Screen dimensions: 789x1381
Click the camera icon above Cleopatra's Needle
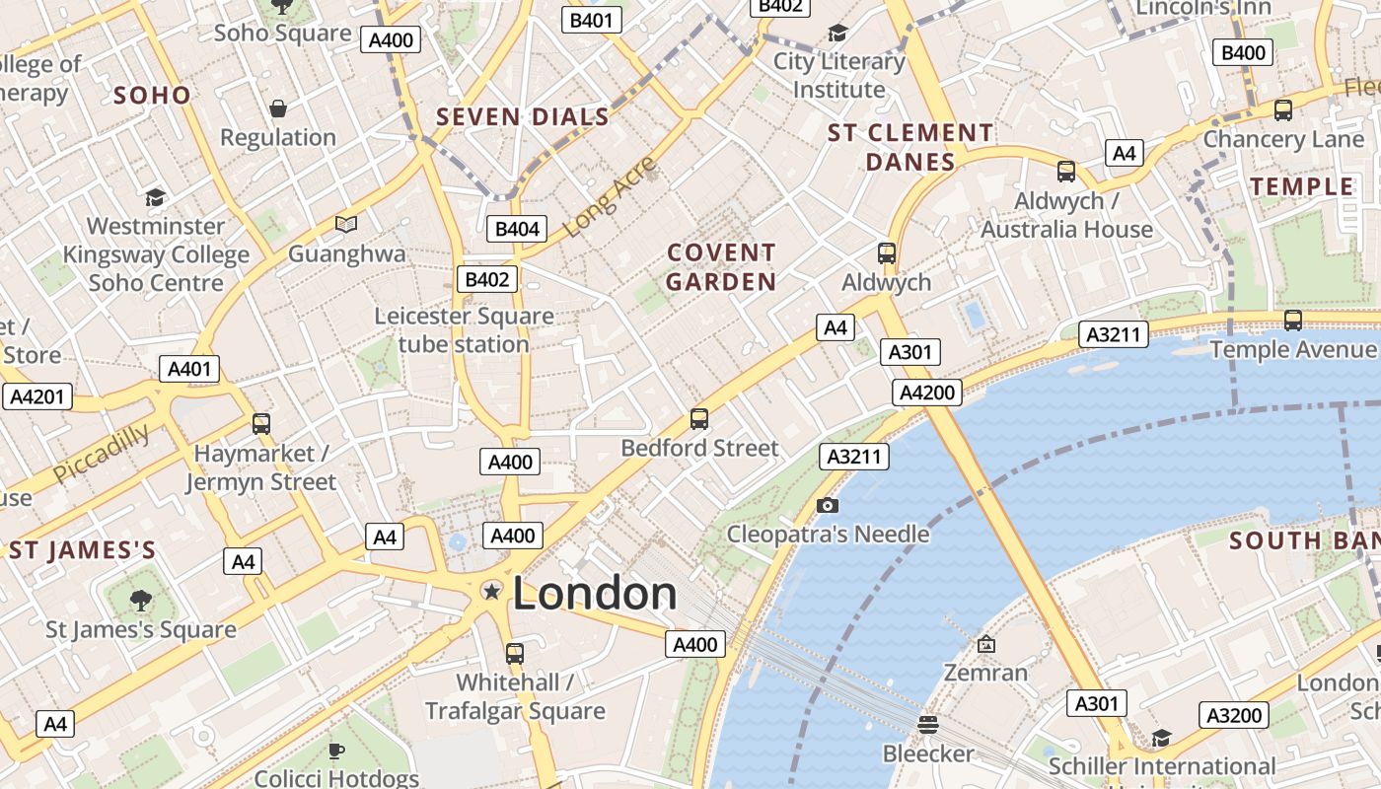828,506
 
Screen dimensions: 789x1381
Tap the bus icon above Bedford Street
699,419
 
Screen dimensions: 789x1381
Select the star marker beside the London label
490,591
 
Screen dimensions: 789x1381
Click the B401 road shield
592,20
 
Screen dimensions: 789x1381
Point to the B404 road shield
517,230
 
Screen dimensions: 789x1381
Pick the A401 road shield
189,369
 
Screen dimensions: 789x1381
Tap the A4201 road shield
36,397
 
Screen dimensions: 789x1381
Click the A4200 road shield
928,393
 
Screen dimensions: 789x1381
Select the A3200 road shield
1234,715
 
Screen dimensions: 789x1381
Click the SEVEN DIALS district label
523,117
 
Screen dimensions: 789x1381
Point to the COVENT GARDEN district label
721,267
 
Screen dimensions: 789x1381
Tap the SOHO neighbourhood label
152,96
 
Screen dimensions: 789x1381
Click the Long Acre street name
609,197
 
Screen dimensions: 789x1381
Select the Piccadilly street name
102,453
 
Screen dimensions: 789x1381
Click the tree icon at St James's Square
141,600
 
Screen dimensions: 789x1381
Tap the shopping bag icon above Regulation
278,108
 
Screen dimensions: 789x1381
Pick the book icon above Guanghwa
345,225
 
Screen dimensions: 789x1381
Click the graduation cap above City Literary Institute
837,33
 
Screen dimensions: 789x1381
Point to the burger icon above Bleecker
927,725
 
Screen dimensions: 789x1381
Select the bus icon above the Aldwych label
887,253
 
